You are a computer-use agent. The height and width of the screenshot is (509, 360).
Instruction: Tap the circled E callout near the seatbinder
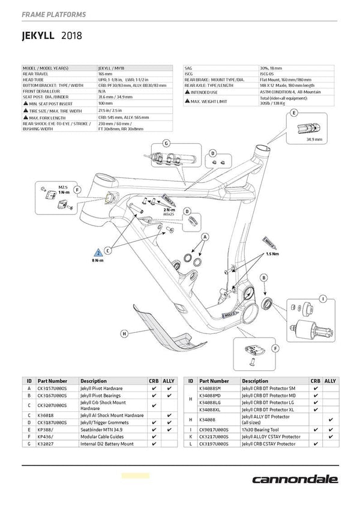(x=293, y=113)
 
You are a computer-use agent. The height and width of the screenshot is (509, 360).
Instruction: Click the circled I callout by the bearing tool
(x=323, y=298)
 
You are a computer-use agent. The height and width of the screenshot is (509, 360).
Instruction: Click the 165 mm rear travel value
(x=106, y=74)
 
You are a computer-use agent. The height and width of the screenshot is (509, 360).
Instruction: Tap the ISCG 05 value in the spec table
(x=269, y=74)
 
